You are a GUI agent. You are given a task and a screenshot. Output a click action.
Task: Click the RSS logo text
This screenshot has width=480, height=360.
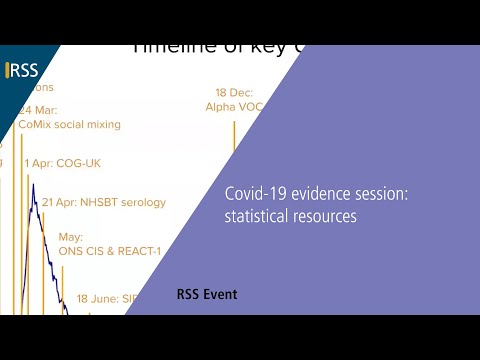click(24, 70)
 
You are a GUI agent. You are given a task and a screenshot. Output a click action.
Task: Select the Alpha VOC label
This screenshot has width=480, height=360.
click(234, 105)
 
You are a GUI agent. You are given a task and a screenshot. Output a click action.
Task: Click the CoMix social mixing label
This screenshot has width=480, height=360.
click(69, 125)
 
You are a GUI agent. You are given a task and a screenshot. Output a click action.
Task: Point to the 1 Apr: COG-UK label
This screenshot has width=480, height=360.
click(62, 163)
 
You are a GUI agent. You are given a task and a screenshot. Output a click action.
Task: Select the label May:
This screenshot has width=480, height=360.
click(70, 238)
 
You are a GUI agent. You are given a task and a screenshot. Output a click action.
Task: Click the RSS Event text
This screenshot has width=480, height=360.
click(207, 295)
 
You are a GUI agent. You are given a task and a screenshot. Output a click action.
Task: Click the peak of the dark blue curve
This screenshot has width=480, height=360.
click(32, 185)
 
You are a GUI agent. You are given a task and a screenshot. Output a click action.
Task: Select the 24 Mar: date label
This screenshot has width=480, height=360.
click(37, 110)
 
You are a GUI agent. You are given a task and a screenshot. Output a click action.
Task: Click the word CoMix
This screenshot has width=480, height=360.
click(36, 125)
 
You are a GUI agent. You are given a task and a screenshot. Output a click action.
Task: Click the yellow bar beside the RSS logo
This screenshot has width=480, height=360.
click(7, 70)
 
